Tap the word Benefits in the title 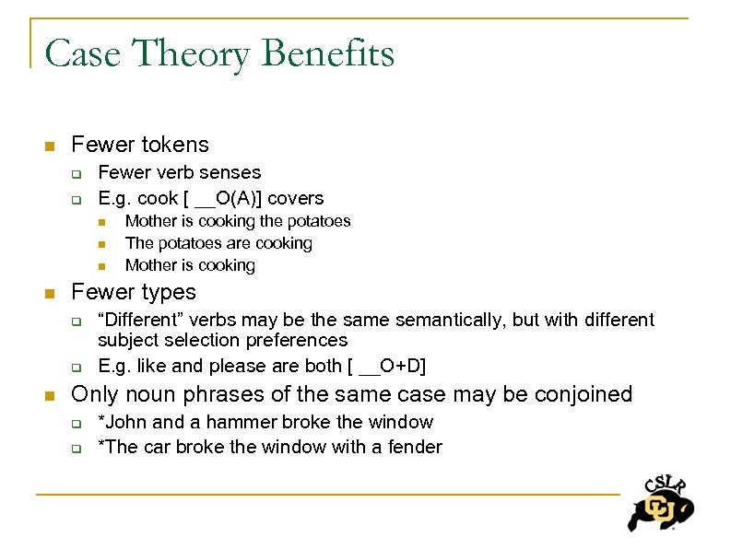pyautogui.click(x=327, y=53)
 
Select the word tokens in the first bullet pyautogui.click(x=176, y=145)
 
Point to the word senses pyautogui.click(x=232, y=172)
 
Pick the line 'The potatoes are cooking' pyautogui.click(x=218, y=243)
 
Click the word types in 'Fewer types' pyautogui.click(x=164, y=292)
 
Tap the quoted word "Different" pyautogui.click(x=140, y=320)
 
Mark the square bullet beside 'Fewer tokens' pyautogui.click(x=50, y=146)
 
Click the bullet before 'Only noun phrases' pyautogui.click(x=50, y=395)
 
